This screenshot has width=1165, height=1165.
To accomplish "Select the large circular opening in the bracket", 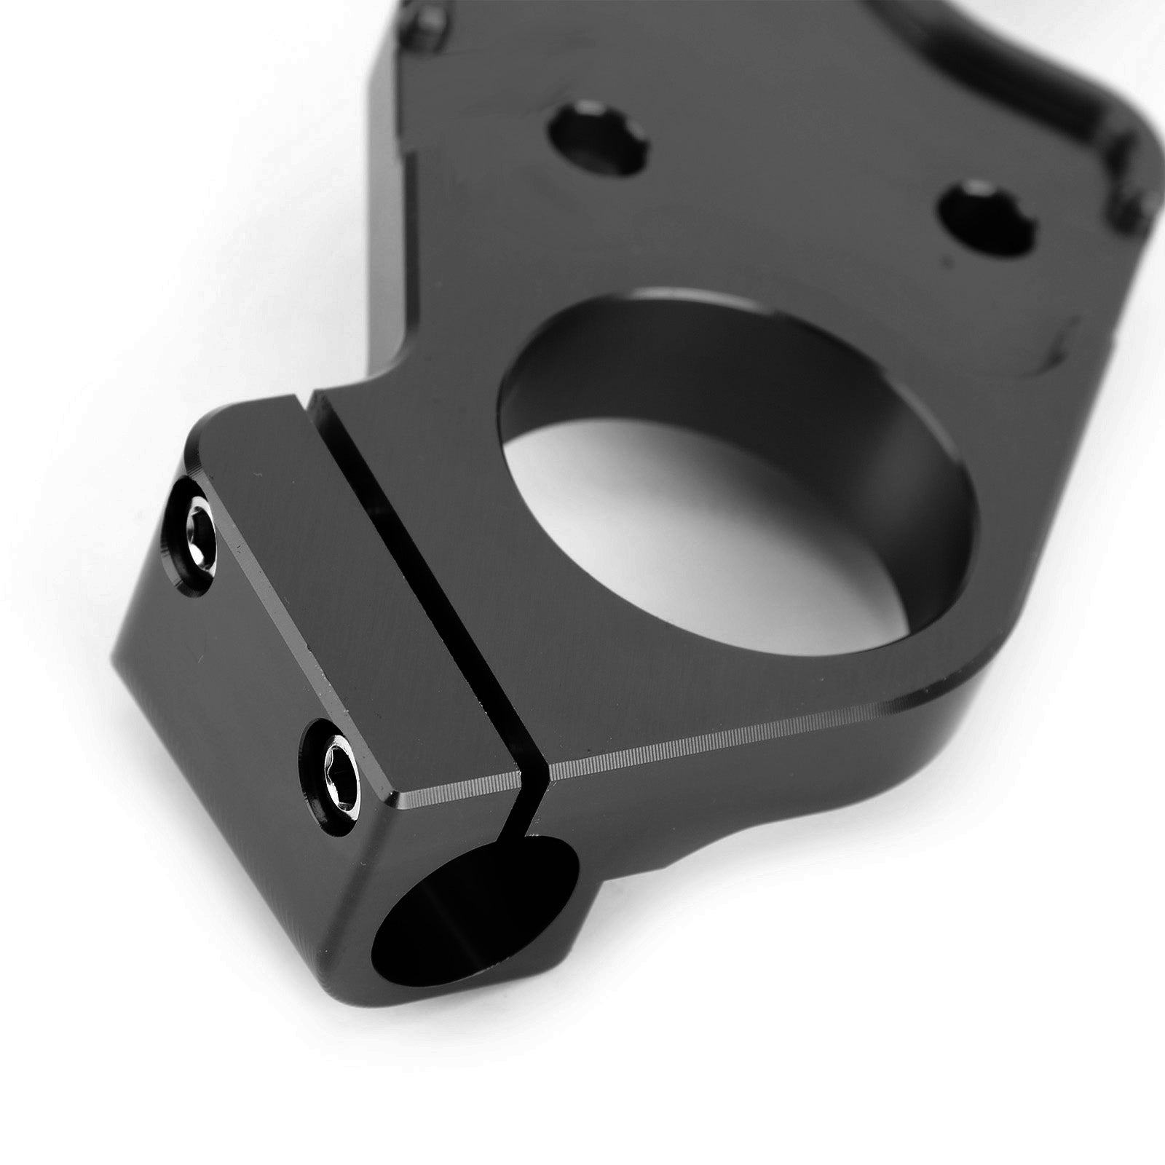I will (735, 466).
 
